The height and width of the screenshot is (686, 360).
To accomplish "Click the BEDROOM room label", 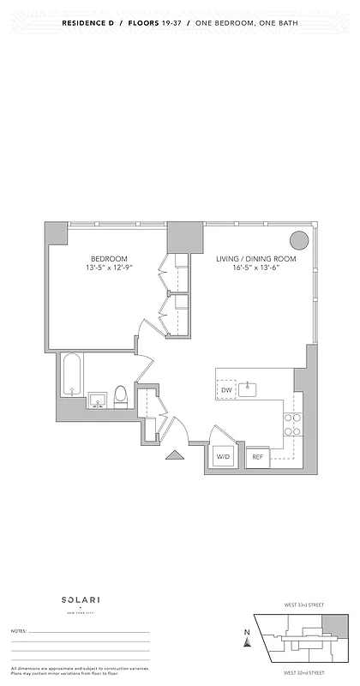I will [110, 259].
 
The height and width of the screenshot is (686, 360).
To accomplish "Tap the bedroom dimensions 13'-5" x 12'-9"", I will [110, 269].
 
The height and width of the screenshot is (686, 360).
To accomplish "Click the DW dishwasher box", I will [226, 390].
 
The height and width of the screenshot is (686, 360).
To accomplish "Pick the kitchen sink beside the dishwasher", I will [249, 389].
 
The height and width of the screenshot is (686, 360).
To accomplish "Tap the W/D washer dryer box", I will [224, 457].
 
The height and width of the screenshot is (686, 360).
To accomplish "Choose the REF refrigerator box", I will [257, 457].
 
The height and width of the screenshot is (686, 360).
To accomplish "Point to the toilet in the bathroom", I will [121, 395].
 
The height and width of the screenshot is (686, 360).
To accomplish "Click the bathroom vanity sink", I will [97, 400].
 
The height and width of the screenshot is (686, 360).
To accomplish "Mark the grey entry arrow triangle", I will [174, 456].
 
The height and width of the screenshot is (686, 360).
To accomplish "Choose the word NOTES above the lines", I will [19, 630].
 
